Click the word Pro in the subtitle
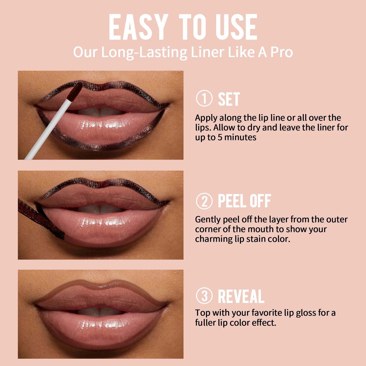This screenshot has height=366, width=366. pyautogui.click(x=281, y=52)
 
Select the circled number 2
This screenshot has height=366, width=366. pyautogui.click(x=204, y=201)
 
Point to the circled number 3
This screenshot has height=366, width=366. pyautogui.click(x=204, y=296)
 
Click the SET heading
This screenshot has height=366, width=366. pyautogui.click(x=229, y=99)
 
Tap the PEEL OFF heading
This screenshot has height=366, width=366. pyautogui.click(x=244, y=201)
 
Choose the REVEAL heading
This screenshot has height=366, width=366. pyautogui.click(x=241, y=296)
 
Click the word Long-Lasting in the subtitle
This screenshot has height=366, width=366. pyautogui.click(x=144, y=52)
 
